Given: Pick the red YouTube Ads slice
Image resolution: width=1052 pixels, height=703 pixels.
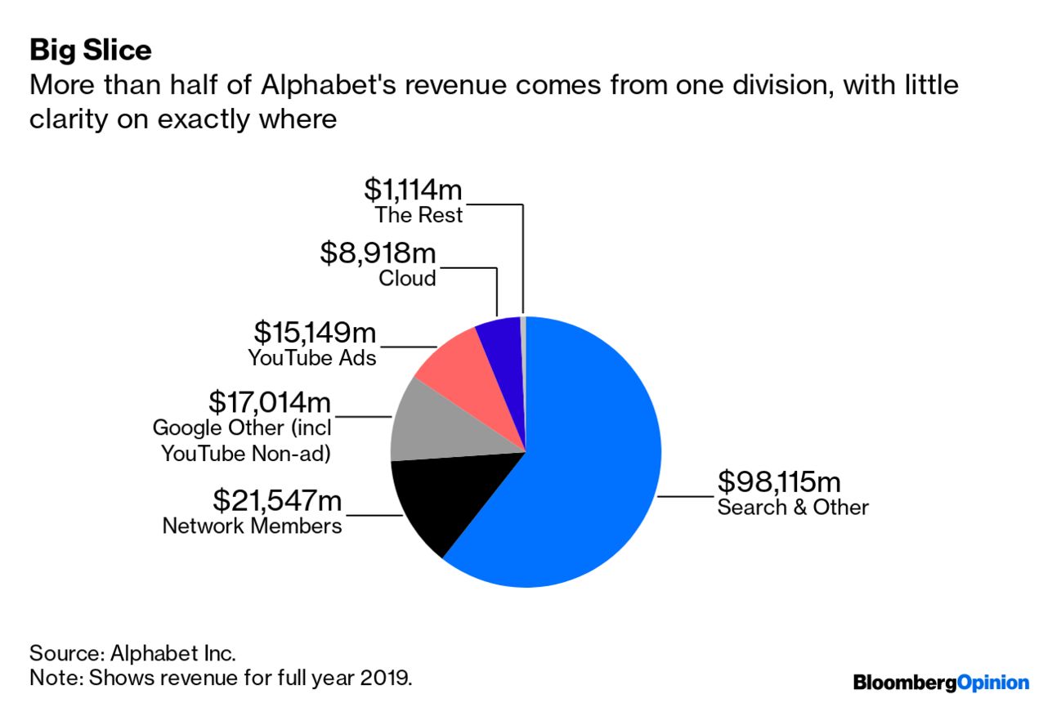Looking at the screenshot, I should pos(462,364).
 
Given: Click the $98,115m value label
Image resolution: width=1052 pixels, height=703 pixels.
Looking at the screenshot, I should pos(778,482).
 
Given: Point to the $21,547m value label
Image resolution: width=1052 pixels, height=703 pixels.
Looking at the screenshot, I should pos(277,499).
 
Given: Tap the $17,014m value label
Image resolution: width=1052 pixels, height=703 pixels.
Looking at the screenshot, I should pos(271,401).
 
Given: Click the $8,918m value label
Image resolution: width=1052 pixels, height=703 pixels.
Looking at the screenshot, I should pos(378,253).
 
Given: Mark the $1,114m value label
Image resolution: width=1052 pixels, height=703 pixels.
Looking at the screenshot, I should pos(413,190).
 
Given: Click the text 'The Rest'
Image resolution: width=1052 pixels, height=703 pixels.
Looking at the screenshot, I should pos(419,215).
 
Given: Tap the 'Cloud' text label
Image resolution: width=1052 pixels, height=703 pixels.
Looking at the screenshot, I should pos(407,278).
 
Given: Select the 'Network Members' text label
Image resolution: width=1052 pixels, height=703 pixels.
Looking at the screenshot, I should pos(252,525).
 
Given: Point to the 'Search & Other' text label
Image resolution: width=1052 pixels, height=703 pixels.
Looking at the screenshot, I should pos(792,507).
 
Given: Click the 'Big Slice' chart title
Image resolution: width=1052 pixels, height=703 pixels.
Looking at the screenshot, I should pos(90,51).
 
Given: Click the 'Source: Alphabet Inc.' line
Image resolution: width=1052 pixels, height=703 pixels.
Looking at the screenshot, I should pos(132,653).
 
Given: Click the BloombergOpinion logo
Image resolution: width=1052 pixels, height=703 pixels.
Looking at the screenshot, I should pos(941,682).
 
